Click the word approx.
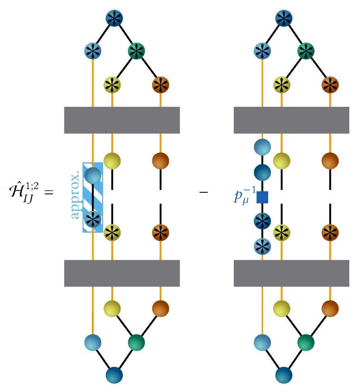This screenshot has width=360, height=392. (x=77, y=197)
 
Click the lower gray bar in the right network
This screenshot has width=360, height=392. (x=291, y=273)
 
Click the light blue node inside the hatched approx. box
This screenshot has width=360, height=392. (x=93, y=176)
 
